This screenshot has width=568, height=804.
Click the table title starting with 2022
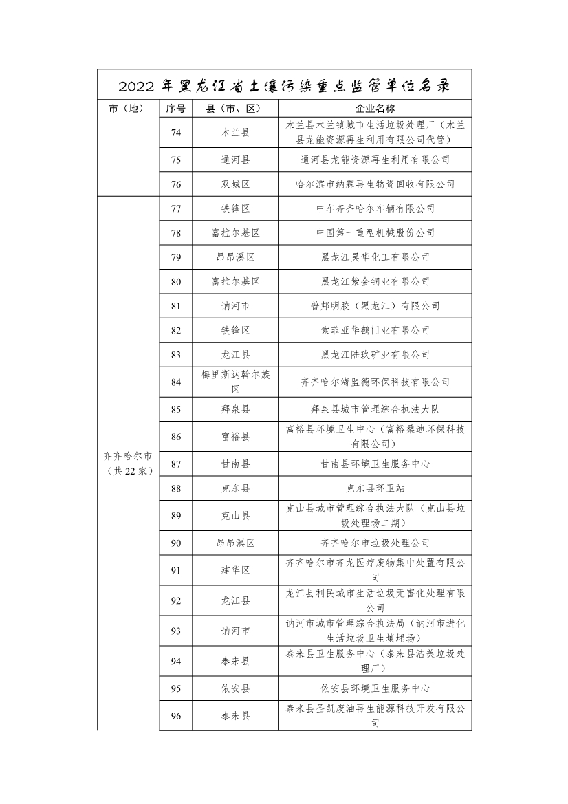coord(284,87)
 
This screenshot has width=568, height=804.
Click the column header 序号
coord(175,109)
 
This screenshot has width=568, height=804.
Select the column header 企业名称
coord(375,109)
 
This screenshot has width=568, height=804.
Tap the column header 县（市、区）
coord(235,109)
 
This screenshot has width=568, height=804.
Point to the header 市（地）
coord(128,109)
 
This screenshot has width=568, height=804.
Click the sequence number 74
coord(175,133)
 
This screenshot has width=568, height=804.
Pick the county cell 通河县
coord(235,160)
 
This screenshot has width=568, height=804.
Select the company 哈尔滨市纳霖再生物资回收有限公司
coord(375,184)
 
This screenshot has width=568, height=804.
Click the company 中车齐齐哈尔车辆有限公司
coord(375,208)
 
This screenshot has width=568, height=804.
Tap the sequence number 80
coord(175,281)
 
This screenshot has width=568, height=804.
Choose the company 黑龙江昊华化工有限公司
coord(375,257)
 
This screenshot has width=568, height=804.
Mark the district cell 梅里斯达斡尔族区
coord(235,382)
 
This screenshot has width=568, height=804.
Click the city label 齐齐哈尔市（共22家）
coord(128,463)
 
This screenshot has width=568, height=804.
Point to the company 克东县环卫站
coord(375,488)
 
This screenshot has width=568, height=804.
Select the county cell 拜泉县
coord(235,409)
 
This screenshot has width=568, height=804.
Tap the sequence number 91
coord(175,570)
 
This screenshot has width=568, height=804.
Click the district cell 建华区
coord(235,570)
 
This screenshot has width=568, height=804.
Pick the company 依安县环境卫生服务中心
coord(375,688)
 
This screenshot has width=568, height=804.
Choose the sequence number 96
coord(175,716)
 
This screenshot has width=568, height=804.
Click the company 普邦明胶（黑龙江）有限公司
coord(375,306)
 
